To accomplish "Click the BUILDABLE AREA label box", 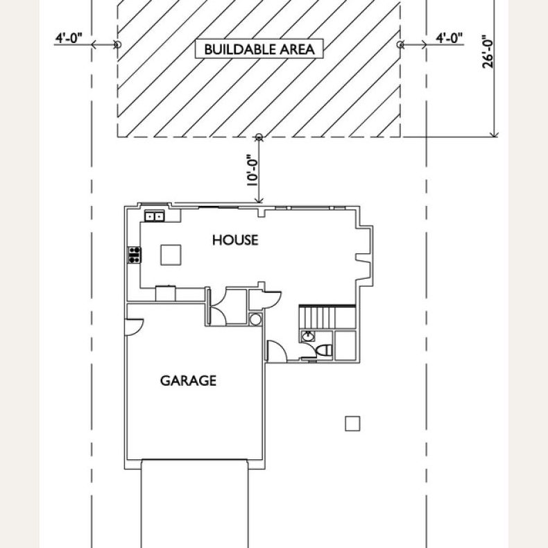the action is (x=259, y=49).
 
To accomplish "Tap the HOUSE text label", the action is (x=235, y=240).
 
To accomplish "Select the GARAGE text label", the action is (x=188, y=380).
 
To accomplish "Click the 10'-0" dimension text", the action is (x=252, y=170).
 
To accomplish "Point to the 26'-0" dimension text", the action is (x=488, y=52).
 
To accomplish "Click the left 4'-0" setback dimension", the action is (x=69, y=38).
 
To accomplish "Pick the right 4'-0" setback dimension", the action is (x=449, y=38).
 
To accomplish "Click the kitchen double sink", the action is (x=155, y=216).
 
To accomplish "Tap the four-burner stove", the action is (x=135, y=255).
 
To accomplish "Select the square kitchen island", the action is (x=171, y=255).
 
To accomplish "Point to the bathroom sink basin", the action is (x=308, y=336).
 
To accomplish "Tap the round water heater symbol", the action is (x=255, y=319).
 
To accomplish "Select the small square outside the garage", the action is (x=352, y=424).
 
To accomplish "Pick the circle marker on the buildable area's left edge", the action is (x=118, y=44).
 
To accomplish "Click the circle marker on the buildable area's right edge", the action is (x=400, y=44).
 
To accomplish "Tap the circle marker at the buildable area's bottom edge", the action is (x=259, y=137).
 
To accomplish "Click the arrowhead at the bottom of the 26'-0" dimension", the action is (x=494, y=134).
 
